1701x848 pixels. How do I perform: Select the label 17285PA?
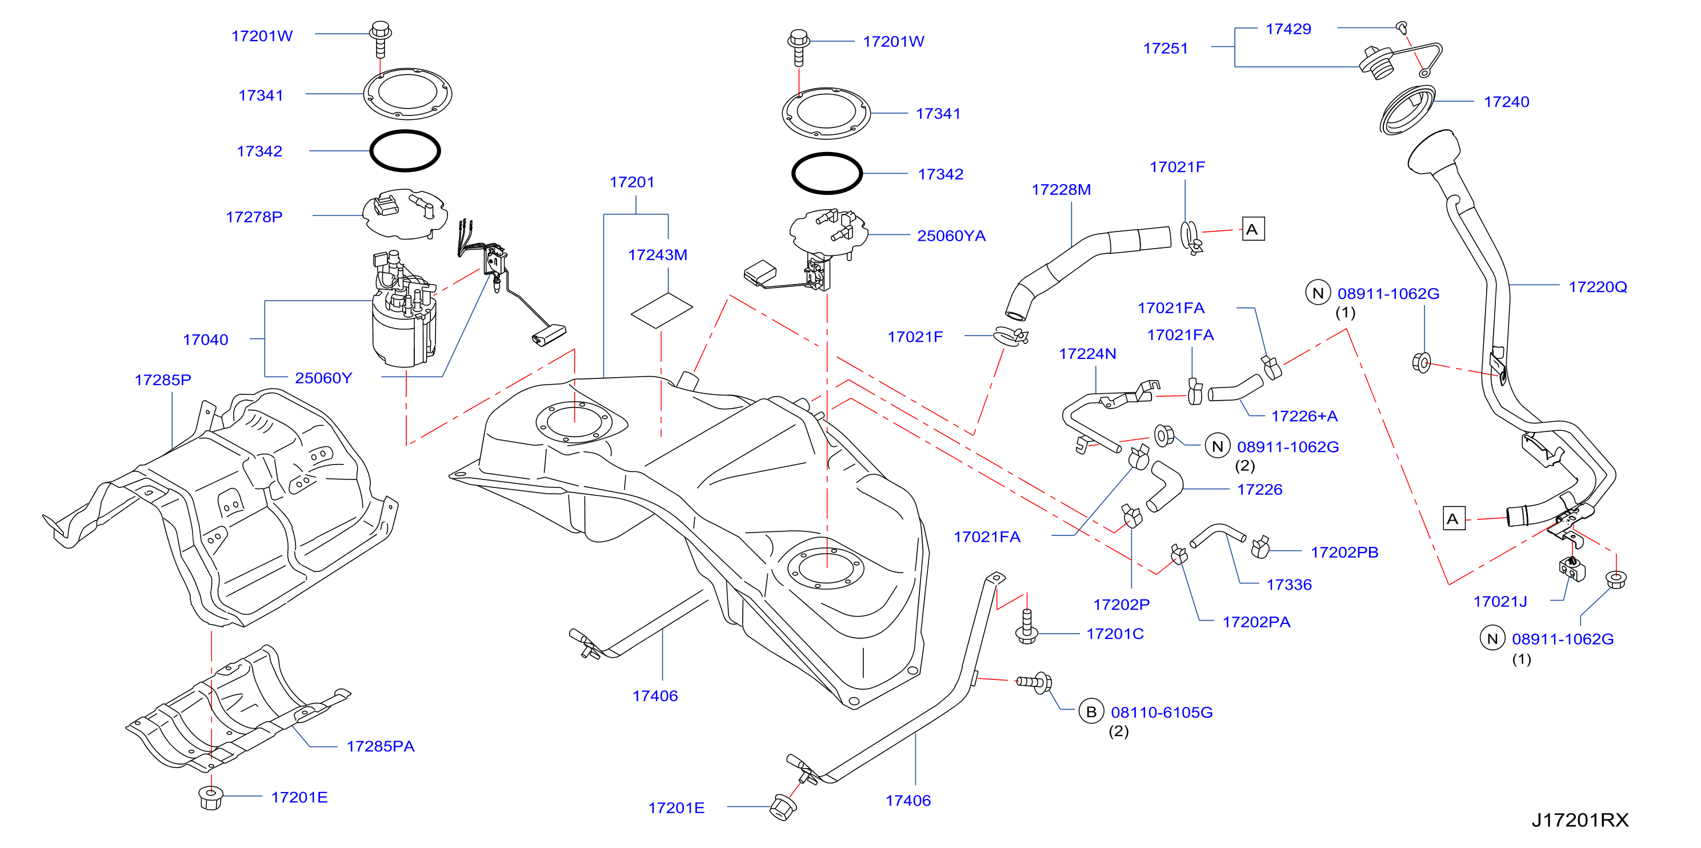coord(381,746)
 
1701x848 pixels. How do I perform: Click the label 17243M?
coord(657,255)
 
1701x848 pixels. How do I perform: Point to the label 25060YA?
coord(951,236)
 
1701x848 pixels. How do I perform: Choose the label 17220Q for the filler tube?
coord(1598,287)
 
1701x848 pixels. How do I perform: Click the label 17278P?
coord(254,217)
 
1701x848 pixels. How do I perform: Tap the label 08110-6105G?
coord(1162,712)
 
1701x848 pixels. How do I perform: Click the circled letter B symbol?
coord(1091,711)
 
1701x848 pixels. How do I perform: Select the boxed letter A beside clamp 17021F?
coord(1252,229)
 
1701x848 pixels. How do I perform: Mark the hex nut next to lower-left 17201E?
coord(211,798)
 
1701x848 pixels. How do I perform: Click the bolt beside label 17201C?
coord(1026,626)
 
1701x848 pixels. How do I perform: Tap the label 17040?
coord(205,339)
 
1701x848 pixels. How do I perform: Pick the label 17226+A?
coord(1304,416)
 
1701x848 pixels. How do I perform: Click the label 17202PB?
coord(1344,552)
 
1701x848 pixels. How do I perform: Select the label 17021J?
coord(1500,602)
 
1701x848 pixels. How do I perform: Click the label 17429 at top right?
coord(1288,29)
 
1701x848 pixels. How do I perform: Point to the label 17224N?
coord(1087,354)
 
